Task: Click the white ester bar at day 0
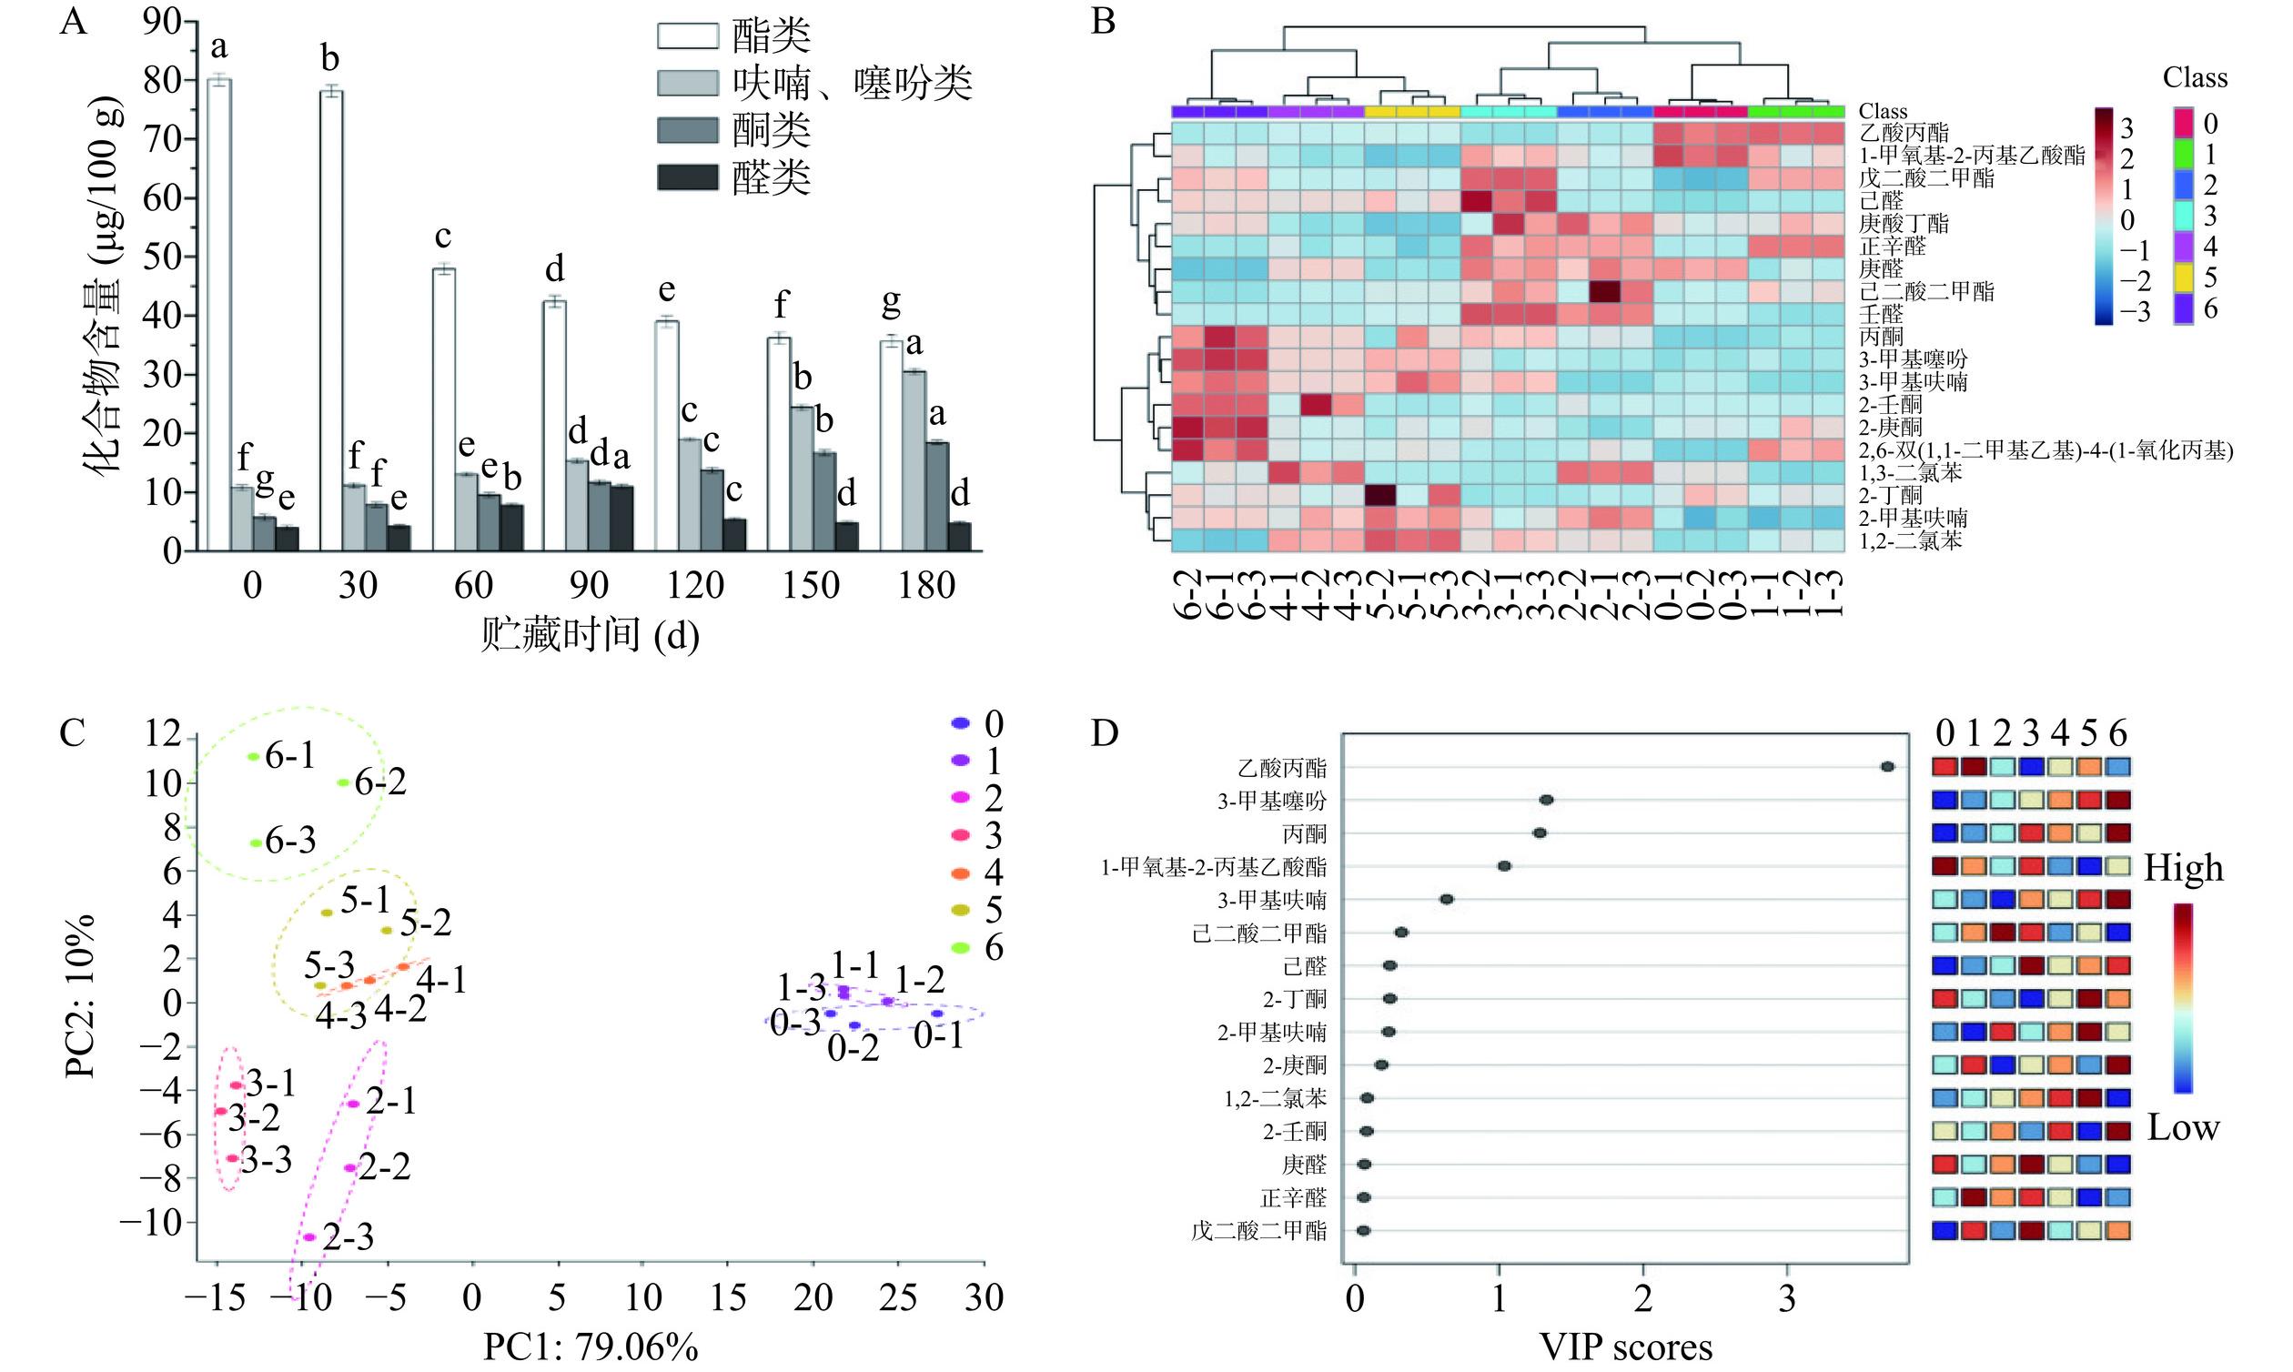219,314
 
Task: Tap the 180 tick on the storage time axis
926,586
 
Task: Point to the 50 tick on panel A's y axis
163,256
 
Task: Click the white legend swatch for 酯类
687,36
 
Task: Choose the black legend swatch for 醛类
687,177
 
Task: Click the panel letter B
1103,20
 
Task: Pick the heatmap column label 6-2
1187,593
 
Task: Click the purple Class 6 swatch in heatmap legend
2184,308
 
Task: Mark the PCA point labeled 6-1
253,757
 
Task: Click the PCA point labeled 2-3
309,1237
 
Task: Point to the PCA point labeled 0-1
936,1014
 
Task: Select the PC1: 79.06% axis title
590,1348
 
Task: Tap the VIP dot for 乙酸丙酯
1888,766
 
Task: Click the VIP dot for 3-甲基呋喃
1447,899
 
